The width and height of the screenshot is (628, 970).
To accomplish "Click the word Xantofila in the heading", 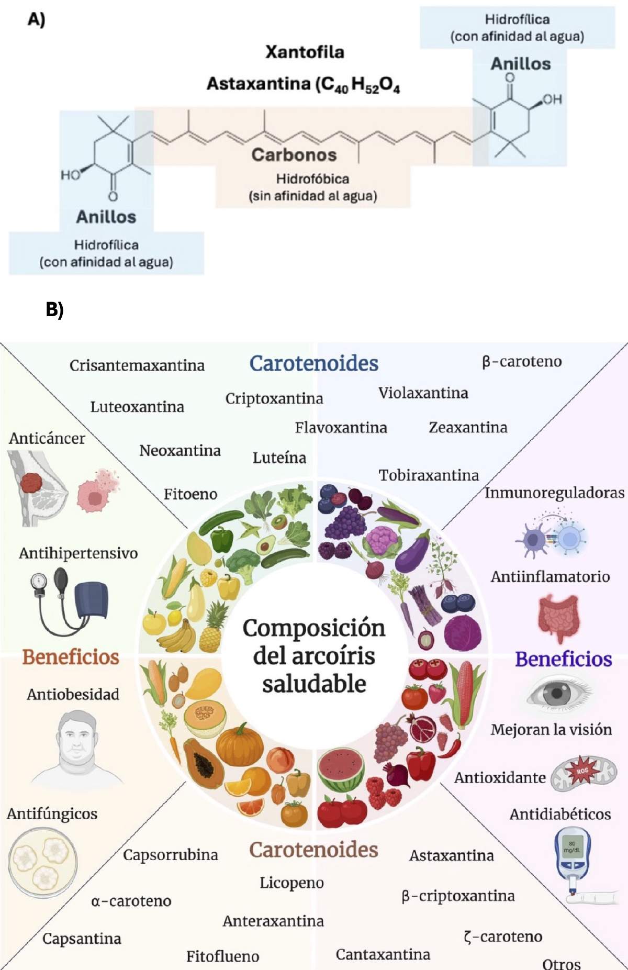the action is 305,52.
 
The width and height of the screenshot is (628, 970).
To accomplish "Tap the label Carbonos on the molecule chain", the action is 294,154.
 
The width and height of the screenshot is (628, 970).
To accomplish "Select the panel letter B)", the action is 54,309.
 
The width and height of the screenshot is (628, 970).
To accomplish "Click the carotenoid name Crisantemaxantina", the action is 137,365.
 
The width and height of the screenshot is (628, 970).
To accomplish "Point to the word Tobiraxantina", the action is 429,475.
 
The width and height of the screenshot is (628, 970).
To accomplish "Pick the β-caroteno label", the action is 522,361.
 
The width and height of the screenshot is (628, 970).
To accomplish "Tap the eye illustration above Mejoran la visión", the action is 558,694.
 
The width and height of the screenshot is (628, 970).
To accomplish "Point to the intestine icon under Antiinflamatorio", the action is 559,618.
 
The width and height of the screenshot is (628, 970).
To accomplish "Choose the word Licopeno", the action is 291,883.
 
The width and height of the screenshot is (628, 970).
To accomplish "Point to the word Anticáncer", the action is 47,438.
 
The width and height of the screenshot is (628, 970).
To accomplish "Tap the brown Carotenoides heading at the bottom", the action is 313,850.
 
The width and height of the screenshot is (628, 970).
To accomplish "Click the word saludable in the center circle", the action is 314,684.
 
